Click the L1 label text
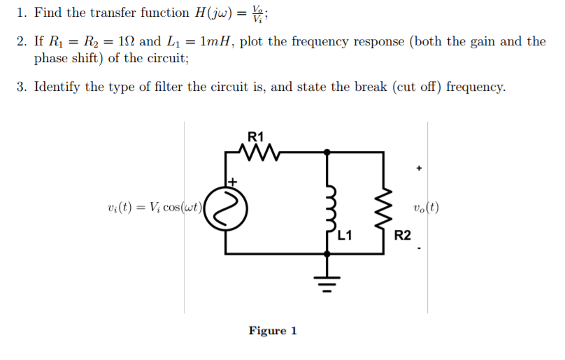(344, 236)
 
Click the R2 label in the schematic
(402, 236)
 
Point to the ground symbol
(327, 281)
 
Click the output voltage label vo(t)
(426, 208)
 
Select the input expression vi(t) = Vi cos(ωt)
(155, 208)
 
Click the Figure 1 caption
(273, 331)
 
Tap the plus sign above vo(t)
(419, 168)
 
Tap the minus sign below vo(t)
(419, 247)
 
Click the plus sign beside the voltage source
(234, 182)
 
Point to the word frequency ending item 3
(475, 87)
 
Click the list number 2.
(21, 41)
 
